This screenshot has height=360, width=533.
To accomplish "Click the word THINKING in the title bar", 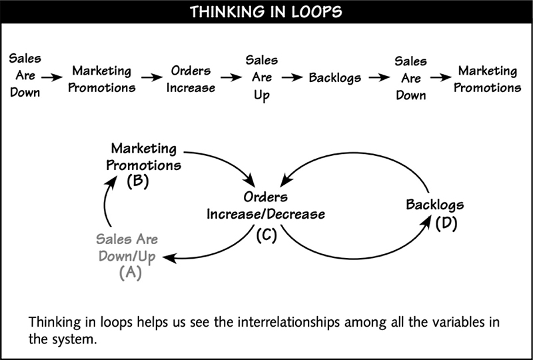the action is [227, 12].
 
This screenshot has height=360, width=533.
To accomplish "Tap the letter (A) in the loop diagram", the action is [131, 273].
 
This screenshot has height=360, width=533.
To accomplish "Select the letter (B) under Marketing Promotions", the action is [138, 181].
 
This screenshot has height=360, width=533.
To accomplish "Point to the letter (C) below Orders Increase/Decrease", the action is [266, 235].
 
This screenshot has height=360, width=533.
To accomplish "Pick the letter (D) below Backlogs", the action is [446, 223].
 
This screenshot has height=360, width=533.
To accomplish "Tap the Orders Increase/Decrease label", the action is [266, 205].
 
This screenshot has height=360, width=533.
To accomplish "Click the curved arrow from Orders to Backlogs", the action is [355, 259].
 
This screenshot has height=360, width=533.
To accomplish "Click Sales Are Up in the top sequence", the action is [261, 77].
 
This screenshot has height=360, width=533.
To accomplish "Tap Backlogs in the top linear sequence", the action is [335, 78].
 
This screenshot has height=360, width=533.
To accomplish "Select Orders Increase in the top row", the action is [191, 79].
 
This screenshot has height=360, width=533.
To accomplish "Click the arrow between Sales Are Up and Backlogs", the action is [292, 78].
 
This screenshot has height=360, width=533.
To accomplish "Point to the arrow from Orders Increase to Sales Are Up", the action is [231, 78].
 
